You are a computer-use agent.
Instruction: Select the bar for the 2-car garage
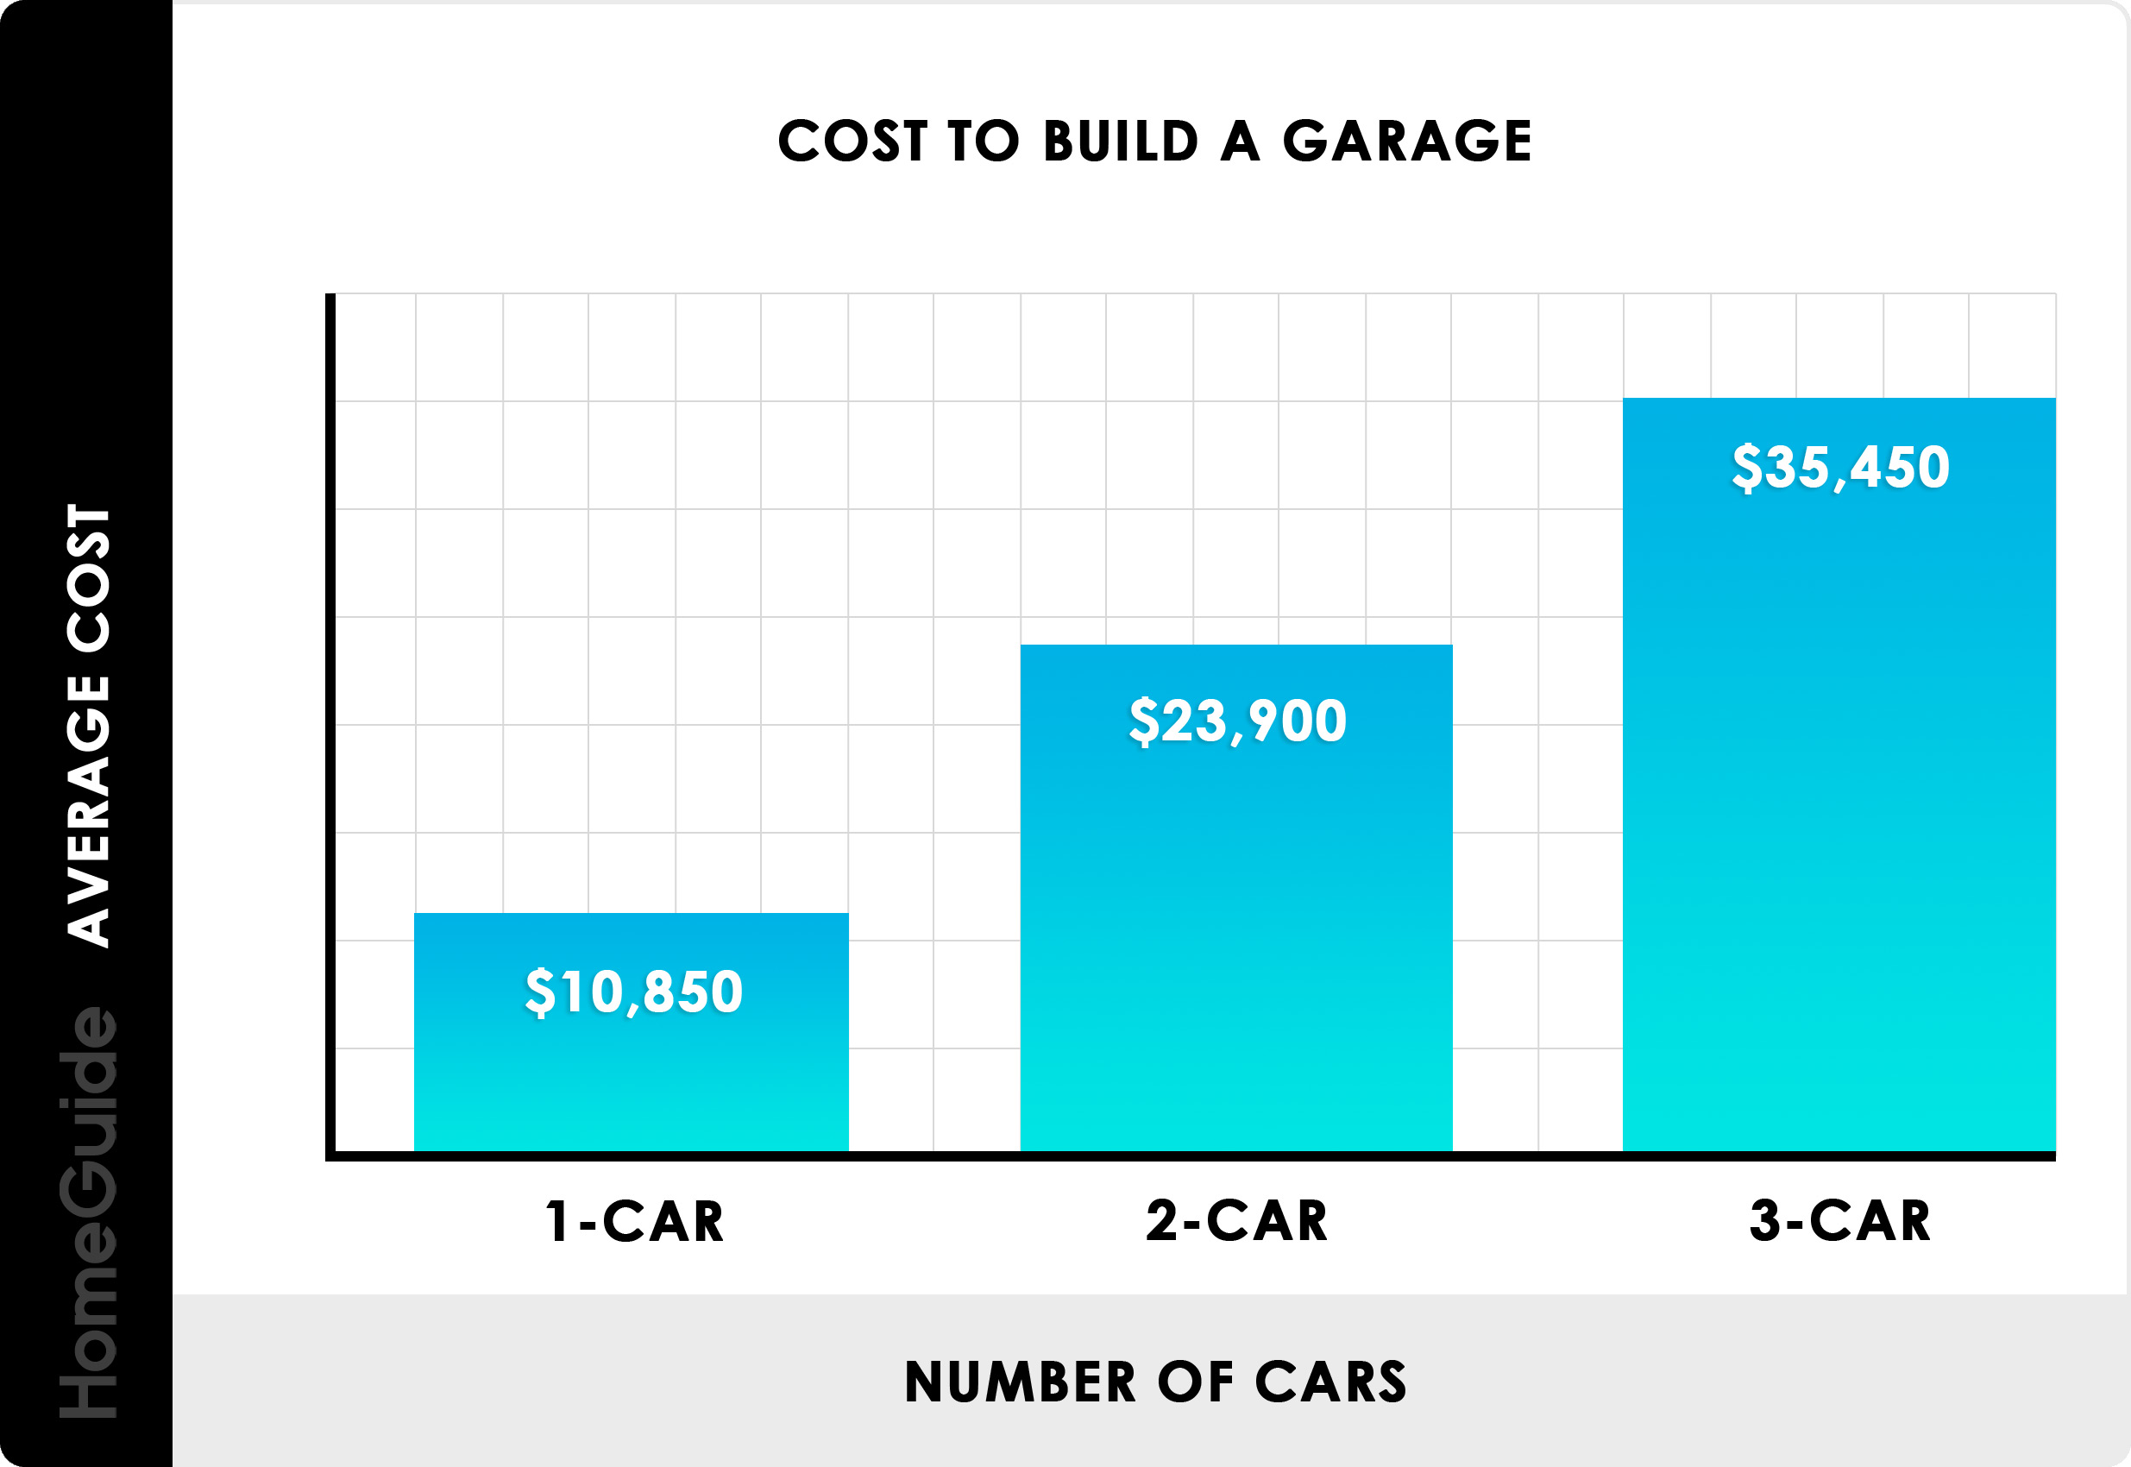[1236, 919]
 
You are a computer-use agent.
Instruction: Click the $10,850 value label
[633, 992]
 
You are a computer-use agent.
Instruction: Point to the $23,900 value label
[1237, 721]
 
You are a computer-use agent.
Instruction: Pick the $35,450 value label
[1839, 467]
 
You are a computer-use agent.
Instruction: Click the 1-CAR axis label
[634, 1222]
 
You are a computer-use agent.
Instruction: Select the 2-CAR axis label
[1237, 1222]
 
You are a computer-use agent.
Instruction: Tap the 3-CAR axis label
[1839, 1222]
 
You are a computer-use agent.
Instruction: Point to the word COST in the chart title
[852, 142]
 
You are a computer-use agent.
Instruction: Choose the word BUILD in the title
[1121, 142]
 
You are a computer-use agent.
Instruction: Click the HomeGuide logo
[89, 1212]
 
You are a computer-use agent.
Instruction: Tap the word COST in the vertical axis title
[89, 578]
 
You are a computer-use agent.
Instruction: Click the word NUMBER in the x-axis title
[1020, 1382]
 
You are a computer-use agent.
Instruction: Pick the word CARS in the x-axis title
[1330, 1382]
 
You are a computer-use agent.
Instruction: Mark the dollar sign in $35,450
[1746, 467]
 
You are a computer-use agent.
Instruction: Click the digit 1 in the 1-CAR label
[556, 1222]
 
